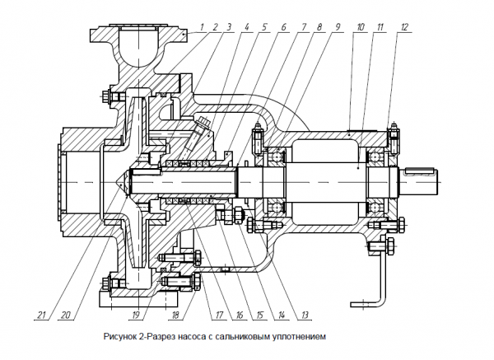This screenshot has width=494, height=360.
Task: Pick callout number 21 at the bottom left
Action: (x=40, y=314)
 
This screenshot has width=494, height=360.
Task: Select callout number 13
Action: (x=304, y=314)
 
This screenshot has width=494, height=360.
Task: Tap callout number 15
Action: (x=260, y=314)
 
